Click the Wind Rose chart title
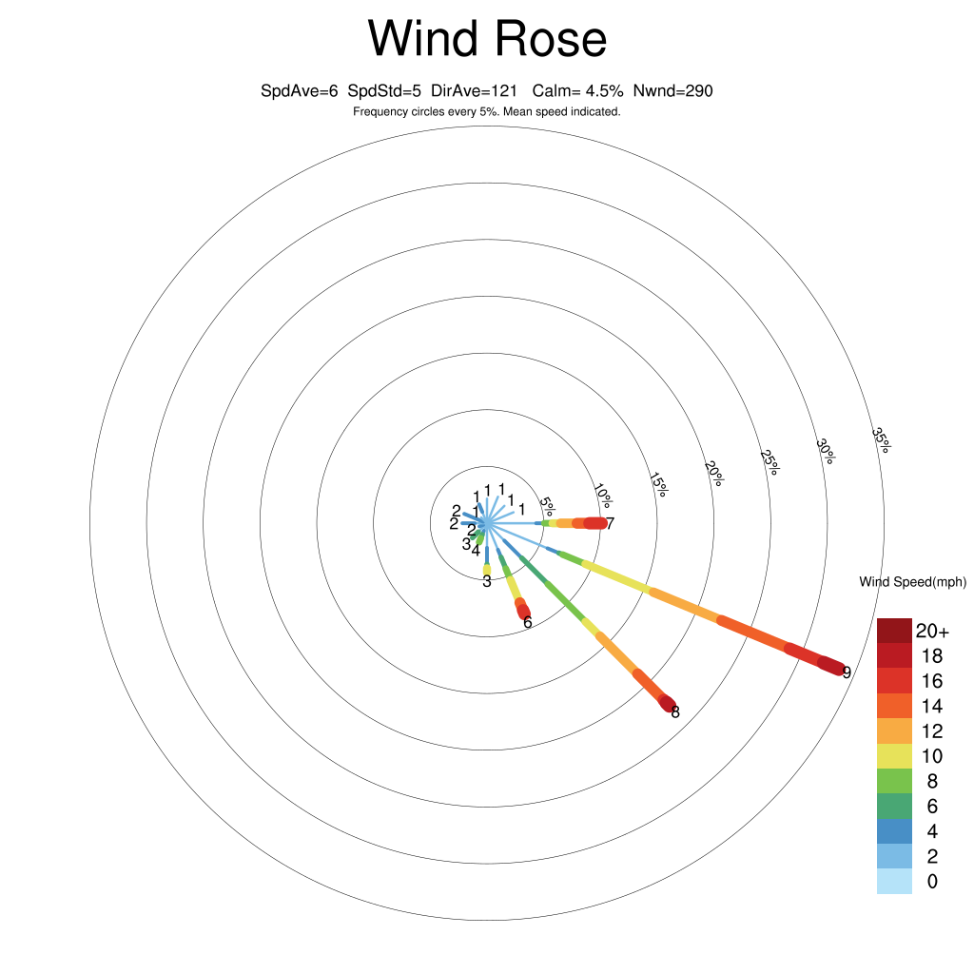click(x=487, y=40)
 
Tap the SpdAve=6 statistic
click(x=300, y=91)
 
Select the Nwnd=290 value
click(x=673, y=91)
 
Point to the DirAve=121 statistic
click(x=474, y=91)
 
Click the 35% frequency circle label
click(x=881, y=439)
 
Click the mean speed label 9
click(x=847, y=672)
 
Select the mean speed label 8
click(x=675, y=711)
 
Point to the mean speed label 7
click(x=611, y=523)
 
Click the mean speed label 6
click(x=527, y=622)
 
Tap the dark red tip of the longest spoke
click(x=832, y=666)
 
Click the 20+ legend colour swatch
click(x=894, y=631)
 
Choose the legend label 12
click(x=931, y=731)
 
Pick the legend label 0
click(x=931, y=882)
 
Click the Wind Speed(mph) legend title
click(x=912, y=582)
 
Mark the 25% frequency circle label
click(x=769, y=461)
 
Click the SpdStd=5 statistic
click(x=384, y=91)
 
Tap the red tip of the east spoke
click(x=595, y=523)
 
